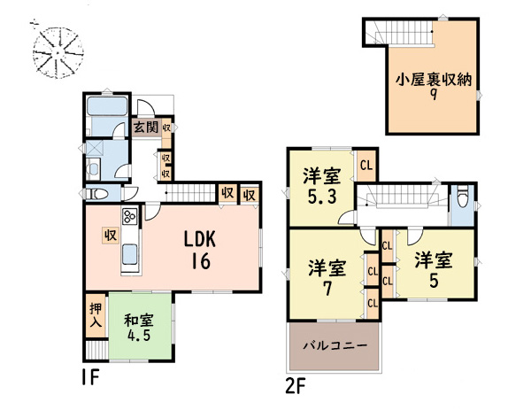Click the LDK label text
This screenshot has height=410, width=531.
(200, 240)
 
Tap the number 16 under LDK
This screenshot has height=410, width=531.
(201, 261)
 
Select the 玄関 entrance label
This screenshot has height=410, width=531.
(146, 128)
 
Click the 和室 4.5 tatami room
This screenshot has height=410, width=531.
(140, 326)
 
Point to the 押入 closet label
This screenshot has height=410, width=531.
(96, 315)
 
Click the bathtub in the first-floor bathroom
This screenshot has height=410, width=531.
(107, 105)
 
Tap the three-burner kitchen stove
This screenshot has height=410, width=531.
(130, 216)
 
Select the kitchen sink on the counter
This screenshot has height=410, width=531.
(130, 254)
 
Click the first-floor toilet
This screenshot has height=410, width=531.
(96, 194)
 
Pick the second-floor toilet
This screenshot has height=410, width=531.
(463, 197)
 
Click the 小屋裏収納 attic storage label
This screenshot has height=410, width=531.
(434, 81)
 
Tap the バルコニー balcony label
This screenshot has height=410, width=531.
(335, 346)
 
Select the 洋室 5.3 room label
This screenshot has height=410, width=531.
(322, 186)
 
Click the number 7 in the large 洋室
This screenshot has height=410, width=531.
(327, 289)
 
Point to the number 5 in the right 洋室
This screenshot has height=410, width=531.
(434, 281)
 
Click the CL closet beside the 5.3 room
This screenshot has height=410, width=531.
(366, 166)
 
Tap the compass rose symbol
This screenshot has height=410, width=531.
(58, 51)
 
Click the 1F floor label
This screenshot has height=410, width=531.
(90, 377)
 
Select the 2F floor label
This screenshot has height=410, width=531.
(296, 387)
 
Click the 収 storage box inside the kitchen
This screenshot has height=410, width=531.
(111, 236)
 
